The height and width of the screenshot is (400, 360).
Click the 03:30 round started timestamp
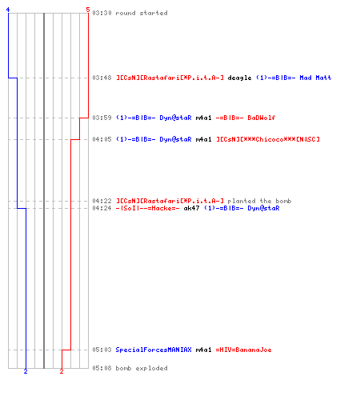pyautogui.click(x=102, y=13)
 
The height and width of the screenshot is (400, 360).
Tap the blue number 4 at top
pyautogui.click(x=8, y=10)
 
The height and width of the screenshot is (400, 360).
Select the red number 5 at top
pyautogui.click(x=88, y=10)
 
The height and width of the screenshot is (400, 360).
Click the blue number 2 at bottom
pyautogui.click(x=26, y=371)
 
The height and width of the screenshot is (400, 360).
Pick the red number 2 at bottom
pyautogui.click(x=62, y=371)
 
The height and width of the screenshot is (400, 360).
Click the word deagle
pyautogui.click(x=239, y=78)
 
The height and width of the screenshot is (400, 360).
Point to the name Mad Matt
pyautogui.click(x=315, y=78)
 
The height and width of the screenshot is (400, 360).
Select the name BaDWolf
pyautogui.click(x=262, y=118)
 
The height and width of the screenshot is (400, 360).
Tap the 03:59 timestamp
pyautogui.click(x=102, y=118)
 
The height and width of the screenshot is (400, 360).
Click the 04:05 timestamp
pyautogui.click(x=102, y=139)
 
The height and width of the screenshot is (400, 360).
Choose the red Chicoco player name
pyautogui.click(x=268, y=139)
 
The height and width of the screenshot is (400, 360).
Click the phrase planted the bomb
pyautogui.click(x=259, y=201)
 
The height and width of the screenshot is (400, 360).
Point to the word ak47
pyautogui.click(x=191, y=208)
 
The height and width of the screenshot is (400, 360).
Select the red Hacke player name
pyautogui.click(x=147, y=208)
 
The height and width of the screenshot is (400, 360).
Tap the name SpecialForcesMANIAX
pyautogui.click(x=154, y=350)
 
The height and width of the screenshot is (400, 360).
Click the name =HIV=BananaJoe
pyautogui.click(x=243, y=350)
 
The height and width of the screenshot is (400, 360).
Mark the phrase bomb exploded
pyautogui.click(x=142, y=368)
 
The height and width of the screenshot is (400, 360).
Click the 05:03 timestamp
pyautogui.click(x=102, y=350)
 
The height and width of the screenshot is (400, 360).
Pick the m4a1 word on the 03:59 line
pyautogui.click(x=203, y=118)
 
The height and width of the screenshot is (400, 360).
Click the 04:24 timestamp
pyautogui.click(x=102, y=208)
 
